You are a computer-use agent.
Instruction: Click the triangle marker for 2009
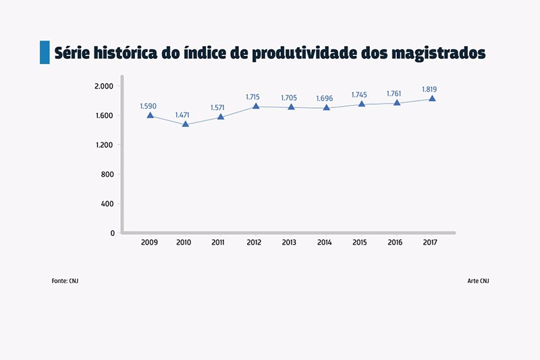150,115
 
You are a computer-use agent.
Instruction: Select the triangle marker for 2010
185,124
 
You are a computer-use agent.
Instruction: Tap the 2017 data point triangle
432,99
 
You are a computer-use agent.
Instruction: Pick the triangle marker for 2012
255,106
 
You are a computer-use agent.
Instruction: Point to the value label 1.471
183,115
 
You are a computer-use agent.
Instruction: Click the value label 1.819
429,89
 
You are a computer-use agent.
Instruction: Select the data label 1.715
253,97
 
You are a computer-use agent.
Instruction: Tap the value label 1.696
324,99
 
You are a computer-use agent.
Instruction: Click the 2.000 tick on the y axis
103,86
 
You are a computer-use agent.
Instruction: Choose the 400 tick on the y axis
107,203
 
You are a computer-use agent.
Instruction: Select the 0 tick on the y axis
112,233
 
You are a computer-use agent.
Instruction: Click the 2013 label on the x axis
289,242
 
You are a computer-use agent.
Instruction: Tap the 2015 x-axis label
359,242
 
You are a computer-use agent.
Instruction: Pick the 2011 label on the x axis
218,242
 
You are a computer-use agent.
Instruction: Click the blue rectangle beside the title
45,52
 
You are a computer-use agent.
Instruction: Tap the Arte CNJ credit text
478,280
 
